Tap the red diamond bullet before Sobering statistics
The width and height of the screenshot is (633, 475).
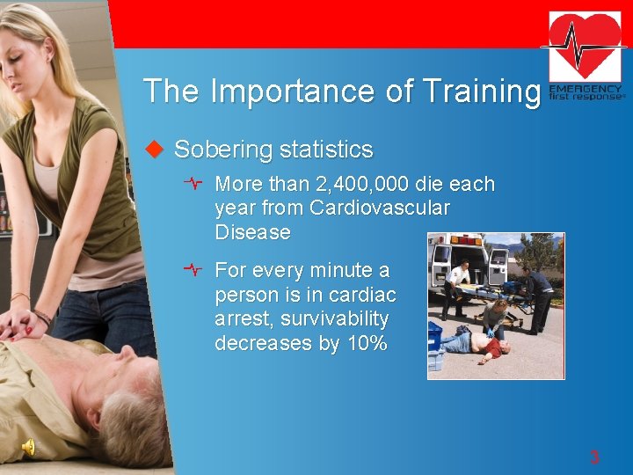(x=155, y=150)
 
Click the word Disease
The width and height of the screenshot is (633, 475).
(x=252, y=232)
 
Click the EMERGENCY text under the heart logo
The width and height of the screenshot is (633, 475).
(x=586, y=89)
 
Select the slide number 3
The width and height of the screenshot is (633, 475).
(x=594, y=457)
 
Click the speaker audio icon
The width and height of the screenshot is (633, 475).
(x=28, y=448)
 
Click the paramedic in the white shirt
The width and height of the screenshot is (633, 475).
(x=455, y=285)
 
